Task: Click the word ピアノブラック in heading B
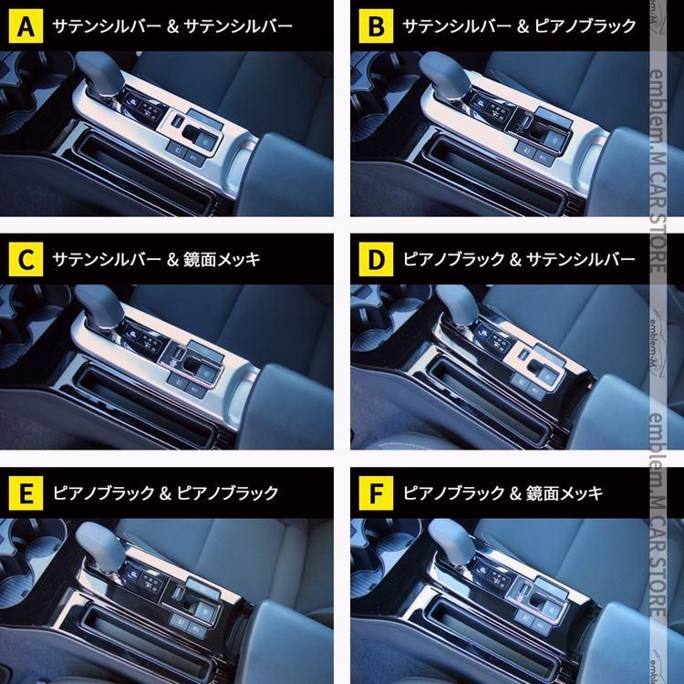point(584,26)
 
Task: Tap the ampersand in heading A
point(169,26)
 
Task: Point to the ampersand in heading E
point(169,493)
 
